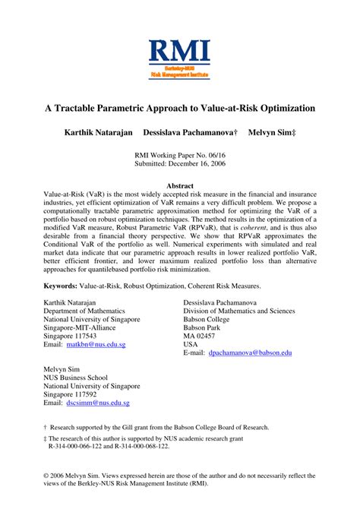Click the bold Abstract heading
[180, 185]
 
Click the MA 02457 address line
[201, 335]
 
